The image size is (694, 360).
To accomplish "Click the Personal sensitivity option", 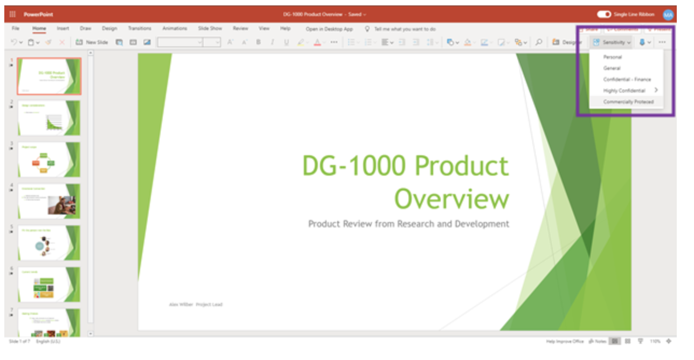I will [613, 57].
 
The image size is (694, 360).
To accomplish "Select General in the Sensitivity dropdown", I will [612, 68].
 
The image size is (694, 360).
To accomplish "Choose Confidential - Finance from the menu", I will [627, 80].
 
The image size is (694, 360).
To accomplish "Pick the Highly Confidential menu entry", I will [624, 91].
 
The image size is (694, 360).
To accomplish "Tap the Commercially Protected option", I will [628, 102].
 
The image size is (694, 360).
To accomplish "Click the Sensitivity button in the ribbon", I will [612, 42].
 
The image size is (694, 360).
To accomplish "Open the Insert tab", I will [63, 29].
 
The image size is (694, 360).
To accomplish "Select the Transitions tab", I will [140, 29].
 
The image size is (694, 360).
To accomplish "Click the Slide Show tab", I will [210, 29].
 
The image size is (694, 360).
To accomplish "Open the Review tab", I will [240, 29].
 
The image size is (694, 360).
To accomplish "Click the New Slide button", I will [92, 42].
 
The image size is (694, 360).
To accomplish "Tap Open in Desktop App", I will [329, 29].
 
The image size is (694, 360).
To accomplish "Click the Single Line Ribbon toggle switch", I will [603, 15].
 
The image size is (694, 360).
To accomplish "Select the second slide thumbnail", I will [49, 117].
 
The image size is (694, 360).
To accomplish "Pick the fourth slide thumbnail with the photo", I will [49, 201].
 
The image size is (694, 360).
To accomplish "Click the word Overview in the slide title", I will [452, 199].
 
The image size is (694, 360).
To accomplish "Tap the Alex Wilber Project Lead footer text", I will [196, 304].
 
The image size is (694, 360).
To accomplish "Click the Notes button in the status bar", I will [598, 341].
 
